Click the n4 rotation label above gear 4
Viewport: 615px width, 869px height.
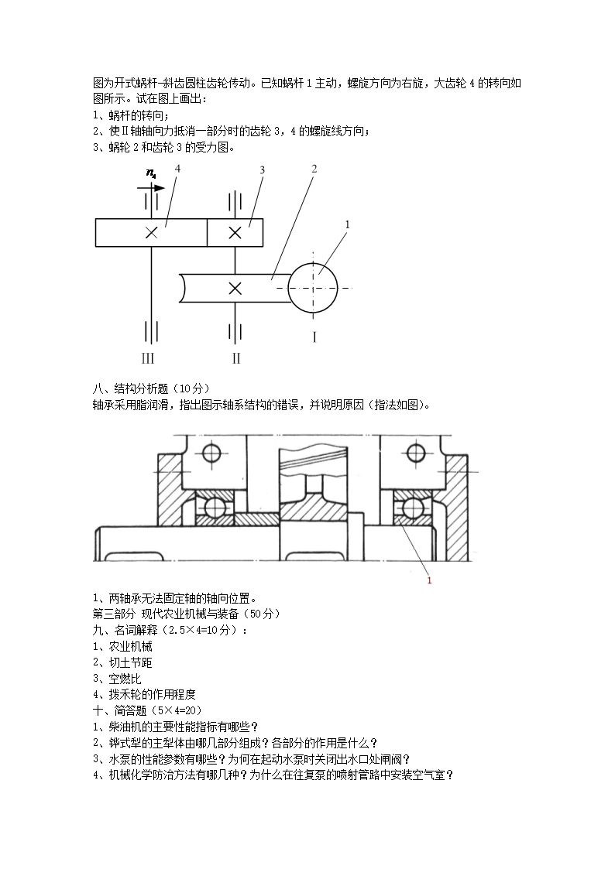pyautogui.click(x=151, y=173)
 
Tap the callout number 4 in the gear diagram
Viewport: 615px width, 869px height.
pyautogui.click(x=177, y=168)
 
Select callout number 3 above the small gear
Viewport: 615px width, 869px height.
pyautogui.click(x=263, y=169)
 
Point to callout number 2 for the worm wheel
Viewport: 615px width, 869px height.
pyautogui.click(x=314, y=168)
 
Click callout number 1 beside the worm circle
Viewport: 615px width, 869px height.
pyautogui.click(x=348, y=224)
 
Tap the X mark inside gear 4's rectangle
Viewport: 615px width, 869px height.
pyautogui.click(x=151, y=233)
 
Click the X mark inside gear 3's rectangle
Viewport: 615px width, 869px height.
pyautogui.click(x=235, y=233)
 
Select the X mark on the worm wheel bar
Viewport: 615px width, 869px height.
pyautogui.click(x=235, y=288)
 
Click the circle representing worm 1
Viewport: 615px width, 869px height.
pyautogui.click(x=313, y=288)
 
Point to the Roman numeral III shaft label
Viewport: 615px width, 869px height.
pyautogui.click(x=147, y=358)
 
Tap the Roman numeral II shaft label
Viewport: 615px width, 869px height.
pyautogui.click(x=236, y=358)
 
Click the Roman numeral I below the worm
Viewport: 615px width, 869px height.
pyautogui.click(x=314, y=337)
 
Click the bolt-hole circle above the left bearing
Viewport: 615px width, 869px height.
pyautogui.click(x=211, y=453)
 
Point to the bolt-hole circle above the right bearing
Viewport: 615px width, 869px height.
pyautogui.click(x=416, y=453)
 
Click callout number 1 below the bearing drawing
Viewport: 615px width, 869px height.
pyautogui.click(x=429, y=580)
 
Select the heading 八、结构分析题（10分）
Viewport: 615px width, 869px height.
pyautogui.click(x=151, y=388)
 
